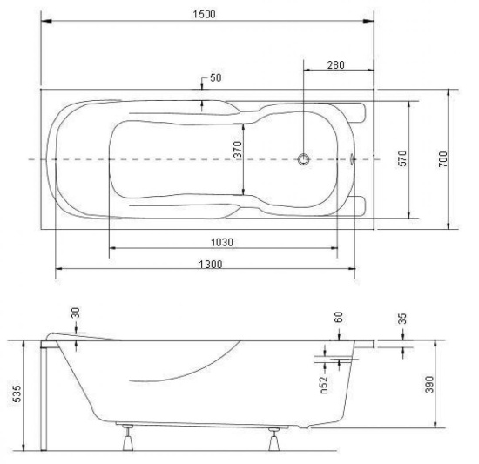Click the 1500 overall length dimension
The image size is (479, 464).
click(204, 14)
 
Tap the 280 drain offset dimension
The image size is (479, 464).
click(335, 65)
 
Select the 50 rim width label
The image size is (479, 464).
click(216, 77)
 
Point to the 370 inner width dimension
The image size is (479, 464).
click(238, 149)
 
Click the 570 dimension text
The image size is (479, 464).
click(402, 158)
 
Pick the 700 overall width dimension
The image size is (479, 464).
click(443, 159)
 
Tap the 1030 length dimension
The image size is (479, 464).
click(222, 242)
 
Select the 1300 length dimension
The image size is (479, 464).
click(211, 264)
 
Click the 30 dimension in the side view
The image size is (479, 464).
click(75, 313)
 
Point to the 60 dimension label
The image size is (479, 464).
click(339, 317)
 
